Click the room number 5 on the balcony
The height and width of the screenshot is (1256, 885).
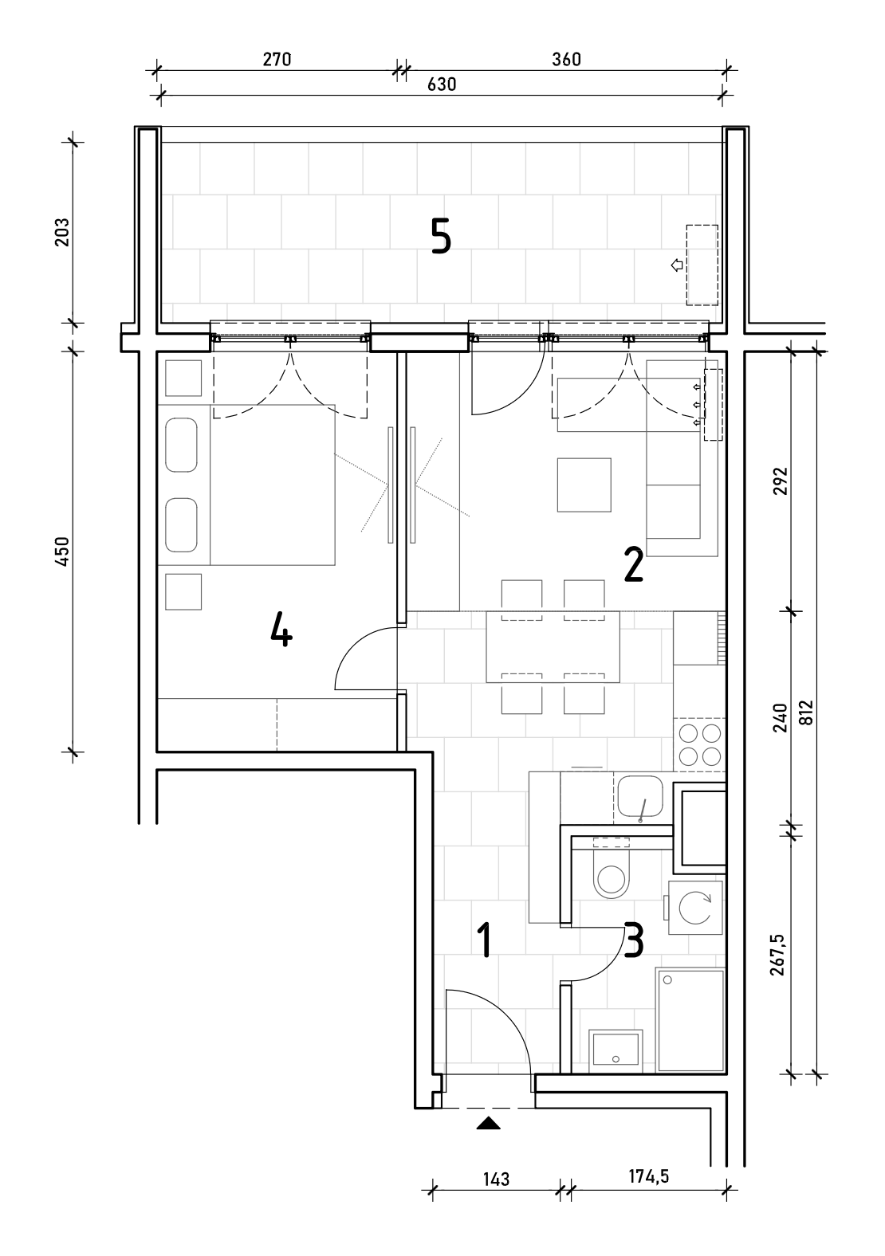tap(441, 236)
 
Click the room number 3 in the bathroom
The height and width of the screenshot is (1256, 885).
tap(634, 940)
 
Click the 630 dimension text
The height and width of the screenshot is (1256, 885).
tap(442, 84)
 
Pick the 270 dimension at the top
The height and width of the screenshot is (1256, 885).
tap(277, 60)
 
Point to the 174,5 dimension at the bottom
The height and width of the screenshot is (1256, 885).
tap(648, 1176)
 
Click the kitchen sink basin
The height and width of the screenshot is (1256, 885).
tap(640, 797)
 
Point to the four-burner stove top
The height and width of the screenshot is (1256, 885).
tap(699, 744)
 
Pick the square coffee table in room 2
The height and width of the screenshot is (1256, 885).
tap(584, 485)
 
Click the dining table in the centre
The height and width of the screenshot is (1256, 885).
tap(553, 647)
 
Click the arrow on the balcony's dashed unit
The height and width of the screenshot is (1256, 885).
tap(678, 265)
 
